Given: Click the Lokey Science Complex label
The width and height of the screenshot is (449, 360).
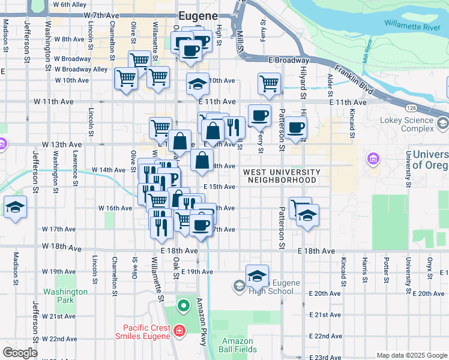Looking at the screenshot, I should (406, 124).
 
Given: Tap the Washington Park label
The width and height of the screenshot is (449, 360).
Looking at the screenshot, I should (65, 296).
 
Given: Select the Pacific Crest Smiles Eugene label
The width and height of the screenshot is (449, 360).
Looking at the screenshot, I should (147, 332).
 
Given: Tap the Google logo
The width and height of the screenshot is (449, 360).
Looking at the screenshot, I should (20, 353).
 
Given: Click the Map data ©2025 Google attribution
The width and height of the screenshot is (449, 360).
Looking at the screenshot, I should (411, 355).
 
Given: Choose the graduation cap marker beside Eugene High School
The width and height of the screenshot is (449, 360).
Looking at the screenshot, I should (257, 276).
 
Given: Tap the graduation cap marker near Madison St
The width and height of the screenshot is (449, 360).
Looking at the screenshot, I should (15, 208).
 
